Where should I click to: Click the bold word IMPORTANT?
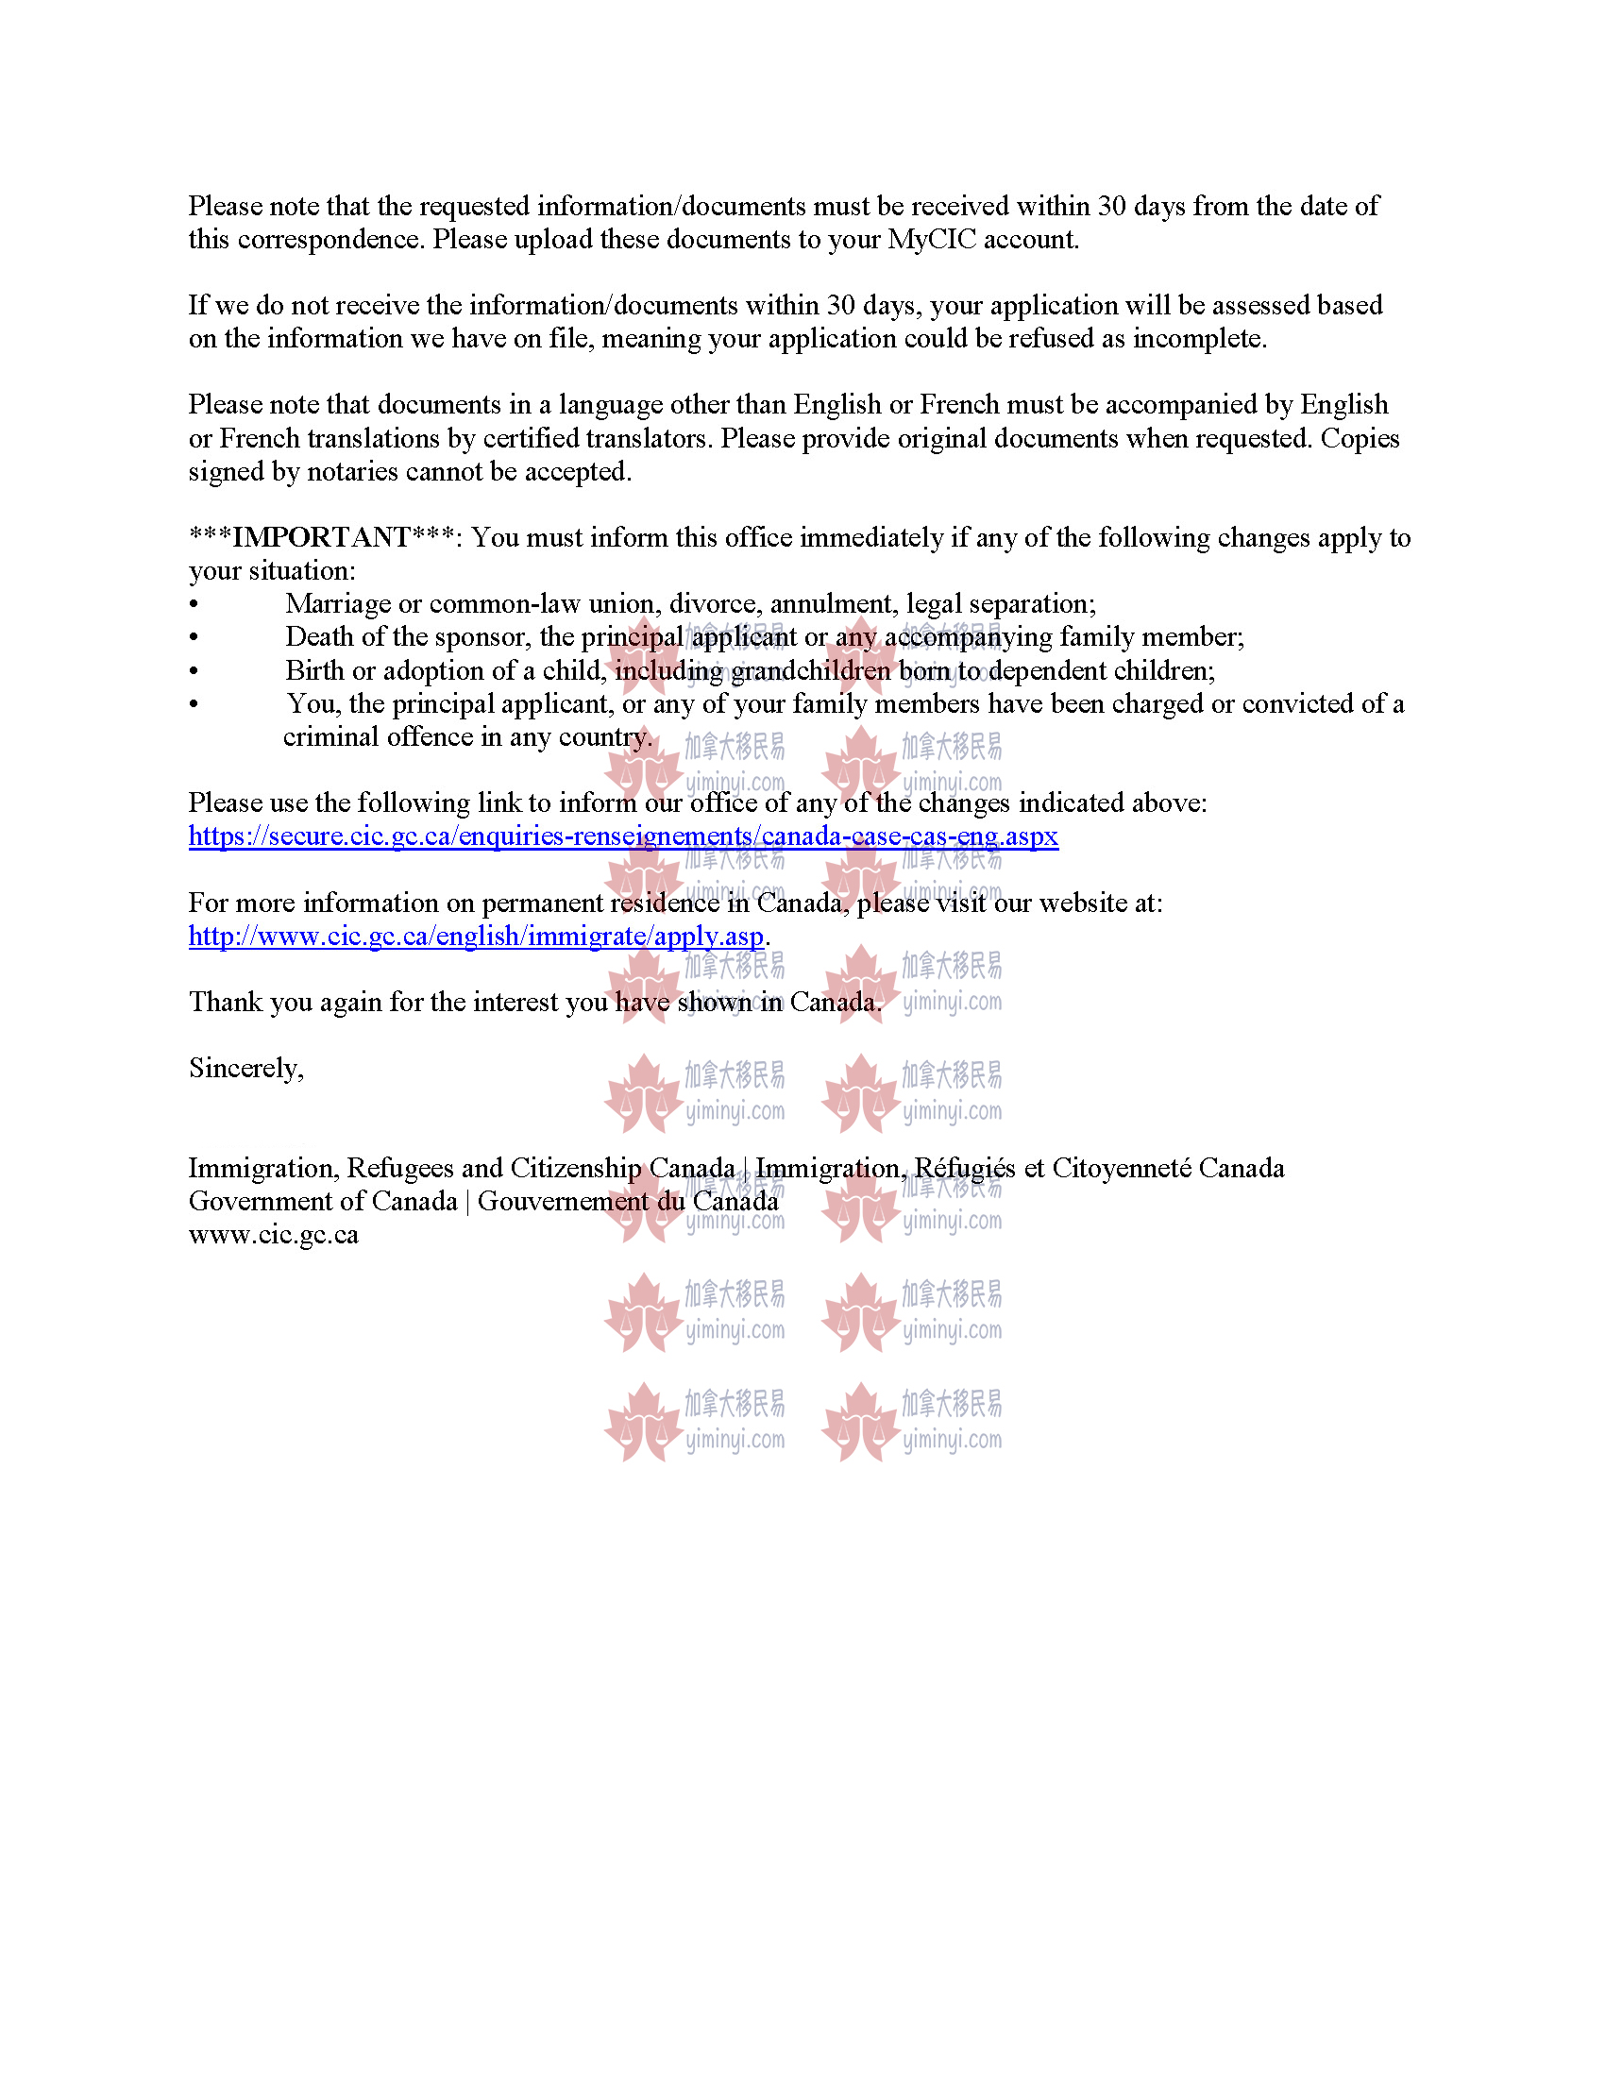(321, 538)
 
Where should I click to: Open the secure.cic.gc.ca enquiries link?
(623, 836)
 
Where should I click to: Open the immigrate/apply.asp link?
(476, 937)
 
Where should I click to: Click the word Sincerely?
(245, 1069)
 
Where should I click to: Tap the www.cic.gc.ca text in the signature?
(273, 1236)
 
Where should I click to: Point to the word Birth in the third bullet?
(314, 671)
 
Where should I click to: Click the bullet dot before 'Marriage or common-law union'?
(194, 606)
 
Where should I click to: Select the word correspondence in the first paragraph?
(328, 240)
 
